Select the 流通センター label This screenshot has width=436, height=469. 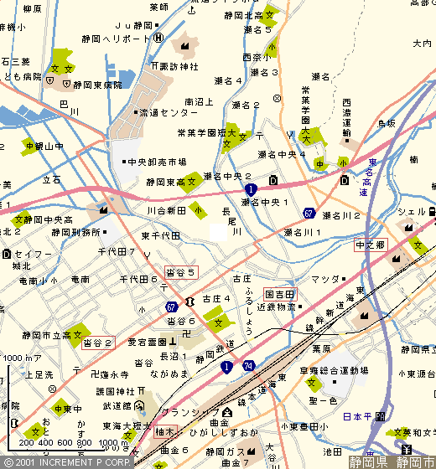pyautogui.click(x=168, y=111)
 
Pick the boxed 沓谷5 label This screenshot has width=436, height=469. pyautogui.click(x=182, y=271)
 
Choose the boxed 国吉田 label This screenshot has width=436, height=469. pyautogui.click(x=280, y=295)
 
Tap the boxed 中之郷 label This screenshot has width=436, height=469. pyautogui.click(x=370, y=245)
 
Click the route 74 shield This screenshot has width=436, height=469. pyautogui.click(x=248, y=366)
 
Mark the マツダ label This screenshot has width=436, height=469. pyautogui.click(x=324, y=278)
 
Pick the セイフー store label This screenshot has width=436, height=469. pyautogui.click(x=32, y=253)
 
